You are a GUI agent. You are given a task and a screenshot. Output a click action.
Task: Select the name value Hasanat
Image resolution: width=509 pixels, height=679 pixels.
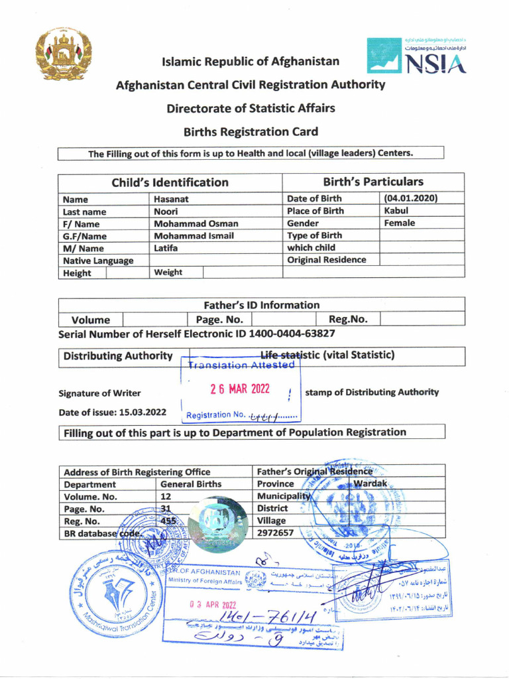pyautogui.click(x=172, y=199)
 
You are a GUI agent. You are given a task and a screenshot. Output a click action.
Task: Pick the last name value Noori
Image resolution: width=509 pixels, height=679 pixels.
pyautogui.click(x=166, y=211)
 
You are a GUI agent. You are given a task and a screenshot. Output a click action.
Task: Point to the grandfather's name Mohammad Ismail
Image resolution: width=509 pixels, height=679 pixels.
pyautogui.click(x=196, y=235)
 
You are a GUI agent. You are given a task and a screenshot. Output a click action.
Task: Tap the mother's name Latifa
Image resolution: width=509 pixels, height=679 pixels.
pyautogui.click(x=168, y=247)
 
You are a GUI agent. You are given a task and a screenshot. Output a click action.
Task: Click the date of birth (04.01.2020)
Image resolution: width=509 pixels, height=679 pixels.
pyautogui.click(x=410, y=198)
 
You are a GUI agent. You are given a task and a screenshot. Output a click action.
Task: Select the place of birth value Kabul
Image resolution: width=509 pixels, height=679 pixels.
pyautogui.click(x=396, y=211)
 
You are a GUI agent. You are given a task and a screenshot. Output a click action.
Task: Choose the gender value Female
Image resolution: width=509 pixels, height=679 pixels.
pyautogui.click(x=400, y=223)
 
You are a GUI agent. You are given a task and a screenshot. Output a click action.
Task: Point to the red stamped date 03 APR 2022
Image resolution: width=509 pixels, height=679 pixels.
pyautogui.click(x=211, y=605)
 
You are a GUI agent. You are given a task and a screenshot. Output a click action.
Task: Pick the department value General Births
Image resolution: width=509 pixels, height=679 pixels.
pyautogui.click(x=191, y=484)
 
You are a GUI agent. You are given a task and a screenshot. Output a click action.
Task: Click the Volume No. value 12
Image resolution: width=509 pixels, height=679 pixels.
pyautogui.click(x=166, y=496)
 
